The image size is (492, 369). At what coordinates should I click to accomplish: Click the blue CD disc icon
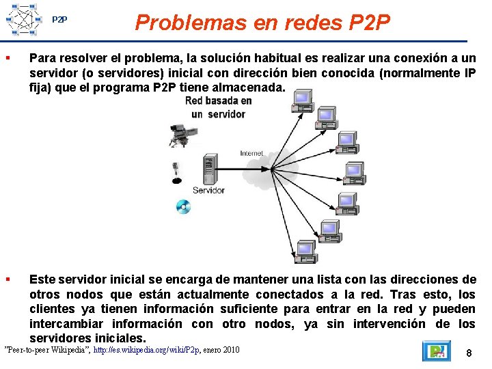point(182,206)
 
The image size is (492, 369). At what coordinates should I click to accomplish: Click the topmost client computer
point(301,102)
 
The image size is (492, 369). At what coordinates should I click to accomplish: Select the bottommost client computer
point(305,251)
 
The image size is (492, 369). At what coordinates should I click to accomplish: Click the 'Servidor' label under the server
point(208,190)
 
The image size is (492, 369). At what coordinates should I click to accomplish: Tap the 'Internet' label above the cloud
point(251,154)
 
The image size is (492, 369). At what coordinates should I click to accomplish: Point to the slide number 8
point(469,353)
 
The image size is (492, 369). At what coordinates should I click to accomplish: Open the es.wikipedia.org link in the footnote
point(146,350)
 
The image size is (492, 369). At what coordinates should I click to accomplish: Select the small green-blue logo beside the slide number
point(435,352)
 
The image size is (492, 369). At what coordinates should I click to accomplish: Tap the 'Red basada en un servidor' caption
point(218,107)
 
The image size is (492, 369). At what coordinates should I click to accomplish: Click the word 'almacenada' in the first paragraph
point(248,87)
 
